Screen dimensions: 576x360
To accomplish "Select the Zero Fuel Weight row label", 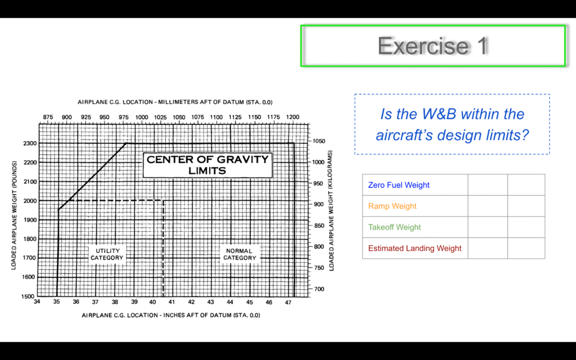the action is (399, 185).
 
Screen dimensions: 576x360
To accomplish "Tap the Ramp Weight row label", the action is (392, 206).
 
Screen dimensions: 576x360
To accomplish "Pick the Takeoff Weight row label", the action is (394, 227).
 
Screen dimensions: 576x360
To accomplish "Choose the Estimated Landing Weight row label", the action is (415, 248).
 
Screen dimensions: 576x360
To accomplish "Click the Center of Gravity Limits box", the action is (208, 165).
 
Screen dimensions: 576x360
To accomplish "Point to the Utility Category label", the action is (107, 254).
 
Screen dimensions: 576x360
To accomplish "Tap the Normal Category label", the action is (240, 254).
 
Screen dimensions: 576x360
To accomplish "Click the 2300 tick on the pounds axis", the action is (30, 143).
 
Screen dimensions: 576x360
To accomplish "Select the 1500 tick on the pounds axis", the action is (28, 296).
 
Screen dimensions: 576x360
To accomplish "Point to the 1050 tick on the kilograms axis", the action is (319, 141).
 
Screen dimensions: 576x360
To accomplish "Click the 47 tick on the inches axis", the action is (288, 302).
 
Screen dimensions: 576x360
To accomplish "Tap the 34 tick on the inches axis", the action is (37, 302).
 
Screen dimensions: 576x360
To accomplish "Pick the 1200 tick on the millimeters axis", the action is (292, 117).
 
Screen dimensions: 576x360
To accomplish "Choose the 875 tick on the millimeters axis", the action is (48, 117).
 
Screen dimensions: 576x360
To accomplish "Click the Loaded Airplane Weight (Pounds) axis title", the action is (13, 215).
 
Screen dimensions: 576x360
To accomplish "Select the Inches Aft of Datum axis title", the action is (171, 315).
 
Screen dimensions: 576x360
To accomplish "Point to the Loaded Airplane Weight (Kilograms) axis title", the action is (331, 211).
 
